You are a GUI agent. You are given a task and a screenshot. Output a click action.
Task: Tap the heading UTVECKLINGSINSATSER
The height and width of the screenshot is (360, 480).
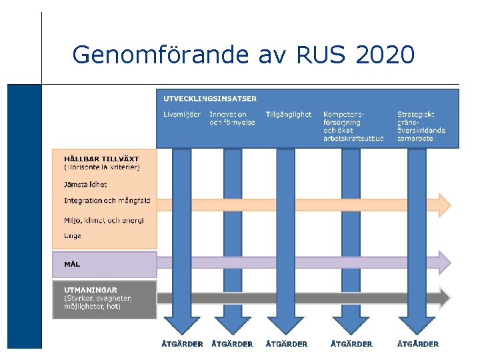(x=210, y=99)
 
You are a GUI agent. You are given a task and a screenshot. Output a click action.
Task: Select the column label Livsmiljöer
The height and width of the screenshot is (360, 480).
(x=182, y=115)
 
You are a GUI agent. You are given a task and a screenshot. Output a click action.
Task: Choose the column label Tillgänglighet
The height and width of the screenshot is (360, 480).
(x=288, y=115)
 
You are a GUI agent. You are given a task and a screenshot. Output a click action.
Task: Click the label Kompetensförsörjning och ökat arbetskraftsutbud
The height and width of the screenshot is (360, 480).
(x=353, y=127)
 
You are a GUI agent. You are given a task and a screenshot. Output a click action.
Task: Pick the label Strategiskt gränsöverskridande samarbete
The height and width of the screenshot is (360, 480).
(x=421, y=127)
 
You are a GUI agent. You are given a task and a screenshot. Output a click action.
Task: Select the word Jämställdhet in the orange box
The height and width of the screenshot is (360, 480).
(x=85, y=185)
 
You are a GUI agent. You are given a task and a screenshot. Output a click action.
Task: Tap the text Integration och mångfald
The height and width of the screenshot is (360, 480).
(x=107, y=201)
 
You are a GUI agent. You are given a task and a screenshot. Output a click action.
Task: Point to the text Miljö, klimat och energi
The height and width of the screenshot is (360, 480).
(x=104, y=221)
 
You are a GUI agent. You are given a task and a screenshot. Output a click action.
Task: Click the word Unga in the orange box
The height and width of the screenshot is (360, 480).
(x=73, y=236)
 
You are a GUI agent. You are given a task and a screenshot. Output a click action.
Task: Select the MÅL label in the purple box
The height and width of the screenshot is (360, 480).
(x=72, y=264)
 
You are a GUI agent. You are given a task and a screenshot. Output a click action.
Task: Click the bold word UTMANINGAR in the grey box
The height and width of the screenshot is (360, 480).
(x=91, y=290)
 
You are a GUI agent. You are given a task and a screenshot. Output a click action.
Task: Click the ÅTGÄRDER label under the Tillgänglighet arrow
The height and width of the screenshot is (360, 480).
(x=287, y=344)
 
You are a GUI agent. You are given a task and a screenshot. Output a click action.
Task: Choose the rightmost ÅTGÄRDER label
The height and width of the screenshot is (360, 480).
(x=418, y=344)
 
